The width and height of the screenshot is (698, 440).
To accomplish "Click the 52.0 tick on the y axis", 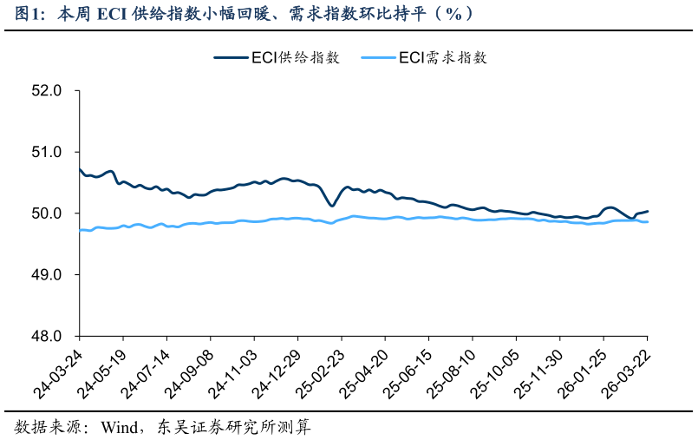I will [x=49, y=90].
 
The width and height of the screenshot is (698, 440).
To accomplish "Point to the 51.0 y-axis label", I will [x=49, y=152].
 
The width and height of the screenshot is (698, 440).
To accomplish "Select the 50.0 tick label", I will [x=49, y=213].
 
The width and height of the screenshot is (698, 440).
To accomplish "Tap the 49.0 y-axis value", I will [x=49, y=274].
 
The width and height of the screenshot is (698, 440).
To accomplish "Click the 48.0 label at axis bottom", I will [x=49, y=336].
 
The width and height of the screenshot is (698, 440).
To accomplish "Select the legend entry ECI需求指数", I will [x=443, y=58].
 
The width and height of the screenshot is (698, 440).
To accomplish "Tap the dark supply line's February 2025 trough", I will [x=332, y=206].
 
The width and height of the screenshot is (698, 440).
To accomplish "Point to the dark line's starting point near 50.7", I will [x=80, y=169].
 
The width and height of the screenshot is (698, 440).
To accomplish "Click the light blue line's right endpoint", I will [x=648, y=222].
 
